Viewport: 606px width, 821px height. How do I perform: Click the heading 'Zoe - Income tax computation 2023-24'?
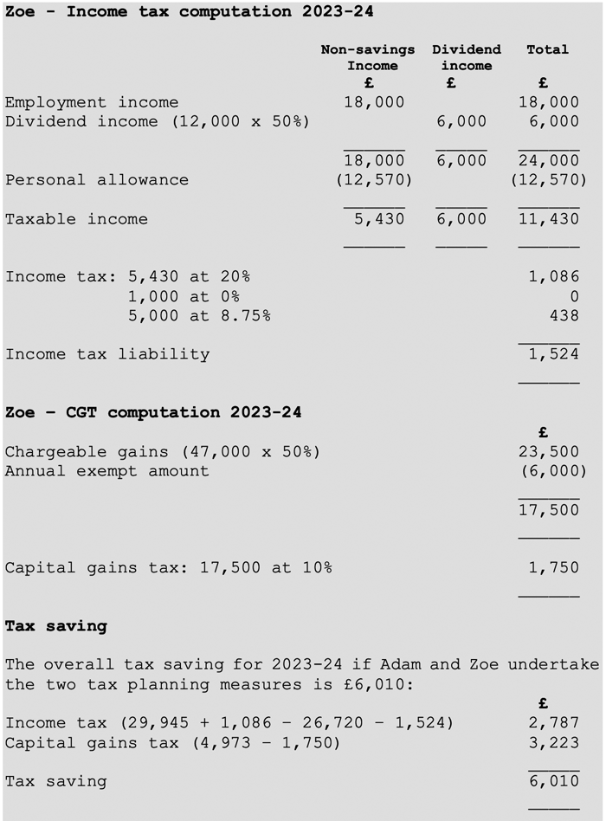tap(189, 12)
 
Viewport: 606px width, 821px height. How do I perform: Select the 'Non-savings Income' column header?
tap(368, 57)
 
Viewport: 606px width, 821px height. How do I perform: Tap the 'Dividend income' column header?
tap(466, 57)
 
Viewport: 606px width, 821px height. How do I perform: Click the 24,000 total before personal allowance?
tap(549, 160)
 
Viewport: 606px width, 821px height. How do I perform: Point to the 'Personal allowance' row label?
tap(97, 180)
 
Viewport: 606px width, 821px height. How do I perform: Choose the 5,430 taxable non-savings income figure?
tap(379, 219)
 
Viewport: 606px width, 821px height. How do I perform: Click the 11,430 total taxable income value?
tap(549, 219)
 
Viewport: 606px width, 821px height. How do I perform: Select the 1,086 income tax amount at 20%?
tap(554, 277)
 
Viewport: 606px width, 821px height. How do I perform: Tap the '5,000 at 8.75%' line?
tap(198, 316)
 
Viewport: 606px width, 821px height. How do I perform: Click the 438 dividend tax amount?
tap(564, 316)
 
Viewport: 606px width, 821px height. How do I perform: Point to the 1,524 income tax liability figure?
tap(554, 354)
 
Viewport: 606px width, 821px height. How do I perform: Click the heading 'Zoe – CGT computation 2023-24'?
tap(153, 412)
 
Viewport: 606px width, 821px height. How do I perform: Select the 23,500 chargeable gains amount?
tap(549, 452)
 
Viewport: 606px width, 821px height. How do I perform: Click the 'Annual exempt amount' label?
tap(107, 471)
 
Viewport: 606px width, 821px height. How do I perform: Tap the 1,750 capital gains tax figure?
tap(554, 568)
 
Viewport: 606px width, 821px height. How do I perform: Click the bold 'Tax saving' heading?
tap(56, 625)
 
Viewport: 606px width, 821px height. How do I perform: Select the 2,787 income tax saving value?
tap(554, 723)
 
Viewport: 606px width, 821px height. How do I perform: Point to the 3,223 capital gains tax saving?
tap(554, 742)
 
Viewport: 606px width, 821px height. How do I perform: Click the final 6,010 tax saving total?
tap(554, 782)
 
